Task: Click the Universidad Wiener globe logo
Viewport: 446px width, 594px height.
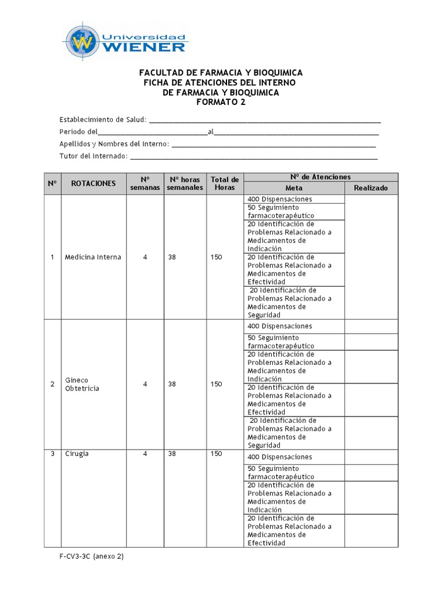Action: (x=82, y=42)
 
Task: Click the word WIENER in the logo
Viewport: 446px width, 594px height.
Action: (x=145, y=46)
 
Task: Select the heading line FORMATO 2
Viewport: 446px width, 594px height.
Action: (x=221, y=102)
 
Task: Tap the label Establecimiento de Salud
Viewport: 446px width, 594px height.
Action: (x=103, y=119)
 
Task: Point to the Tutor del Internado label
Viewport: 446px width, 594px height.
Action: (x=93, y=156)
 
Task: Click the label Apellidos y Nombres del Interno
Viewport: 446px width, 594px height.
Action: (x=114, y=144)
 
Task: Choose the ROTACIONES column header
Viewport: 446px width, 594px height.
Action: (x=93, y=183)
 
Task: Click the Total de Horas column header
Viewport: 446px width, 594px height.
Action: (x=225, y=183)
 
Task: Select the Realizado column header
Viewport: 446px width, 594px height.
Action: (x=371, y=188)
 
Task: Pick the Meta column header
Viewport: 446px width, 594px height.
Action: (x=294, y=188)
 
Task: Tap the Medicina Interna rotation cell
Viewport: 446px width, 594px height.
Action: (x=93, y=257)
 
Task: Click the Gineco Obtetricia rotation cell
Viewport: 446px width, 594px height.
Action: (x=82, y=384)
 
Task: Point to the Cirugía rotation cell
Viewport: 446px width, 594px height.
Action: (x=77, y=454)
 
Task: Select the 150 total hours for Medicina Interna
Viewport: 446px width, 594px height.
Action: (x=216, y=257)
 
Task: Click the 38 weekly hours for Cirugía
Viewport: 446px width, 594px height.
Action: (x=172, y=454)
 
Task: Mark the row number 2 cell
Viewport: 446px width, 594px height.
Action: (x=52, y=384)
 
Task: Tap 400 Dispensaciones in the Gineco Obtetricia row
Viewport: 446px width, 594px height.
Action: (x=279, y=326)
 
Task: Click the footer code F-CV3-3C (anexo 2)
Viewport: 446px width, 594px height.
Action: (x=91, y=556)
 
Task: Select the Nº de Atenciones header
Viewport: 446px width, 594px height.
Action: (x=321, y=177)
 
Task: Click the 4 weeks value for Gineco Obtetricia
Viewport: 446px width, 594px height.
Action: (x=145, y=384)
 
